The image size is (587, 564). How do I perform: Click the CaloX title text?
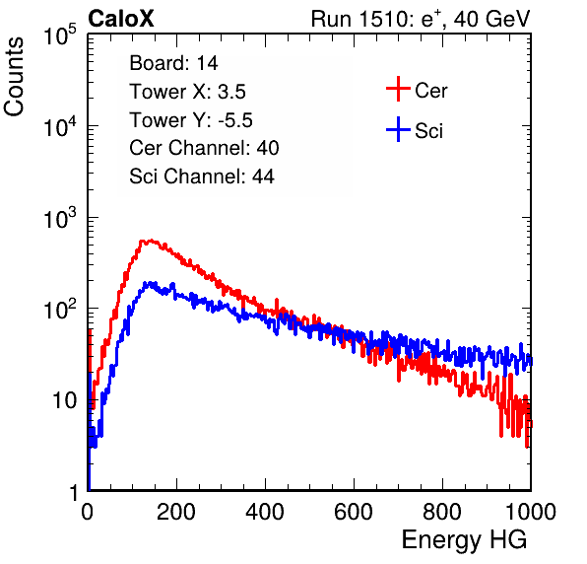click(121, 19)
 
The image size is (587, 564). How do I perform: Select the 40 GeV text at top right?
click(491, 19)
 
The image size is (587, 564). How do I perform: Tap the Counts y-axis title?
click(14, 77)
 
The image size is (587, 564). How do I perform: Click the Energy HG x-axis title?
click(464, 540)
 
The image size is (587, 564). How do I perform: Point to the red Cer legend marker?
click(398, 89)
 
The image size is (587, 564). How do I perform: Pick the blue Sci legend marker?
click(398, 129)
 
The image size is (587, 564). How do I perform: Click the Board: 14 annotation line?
click(173, 63)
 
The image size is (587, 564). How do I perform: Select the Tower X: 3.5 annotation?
click(187, 92)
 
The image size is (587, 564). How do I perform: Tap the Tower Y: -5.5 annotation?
click(191, 120)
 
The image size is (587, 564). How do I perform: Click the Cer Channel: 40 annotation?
click(204, 148)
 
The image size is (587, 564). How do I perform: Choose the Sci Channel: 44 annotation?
click(202, 176)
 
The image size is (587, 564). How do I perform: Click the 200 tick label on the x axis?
click(176, 512)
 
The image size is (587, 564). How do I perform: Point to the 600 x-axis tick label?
click(354, 512)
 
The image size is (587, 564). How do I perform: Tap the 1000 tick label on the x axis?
click(531, 512)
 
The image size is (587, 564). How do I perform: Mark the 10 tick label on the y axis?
click(64, 400)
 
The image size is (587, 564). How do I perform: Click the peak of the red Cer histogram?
click(151, 241)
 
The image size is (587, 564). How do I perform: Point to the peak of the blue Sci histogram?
click(150, 282)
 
